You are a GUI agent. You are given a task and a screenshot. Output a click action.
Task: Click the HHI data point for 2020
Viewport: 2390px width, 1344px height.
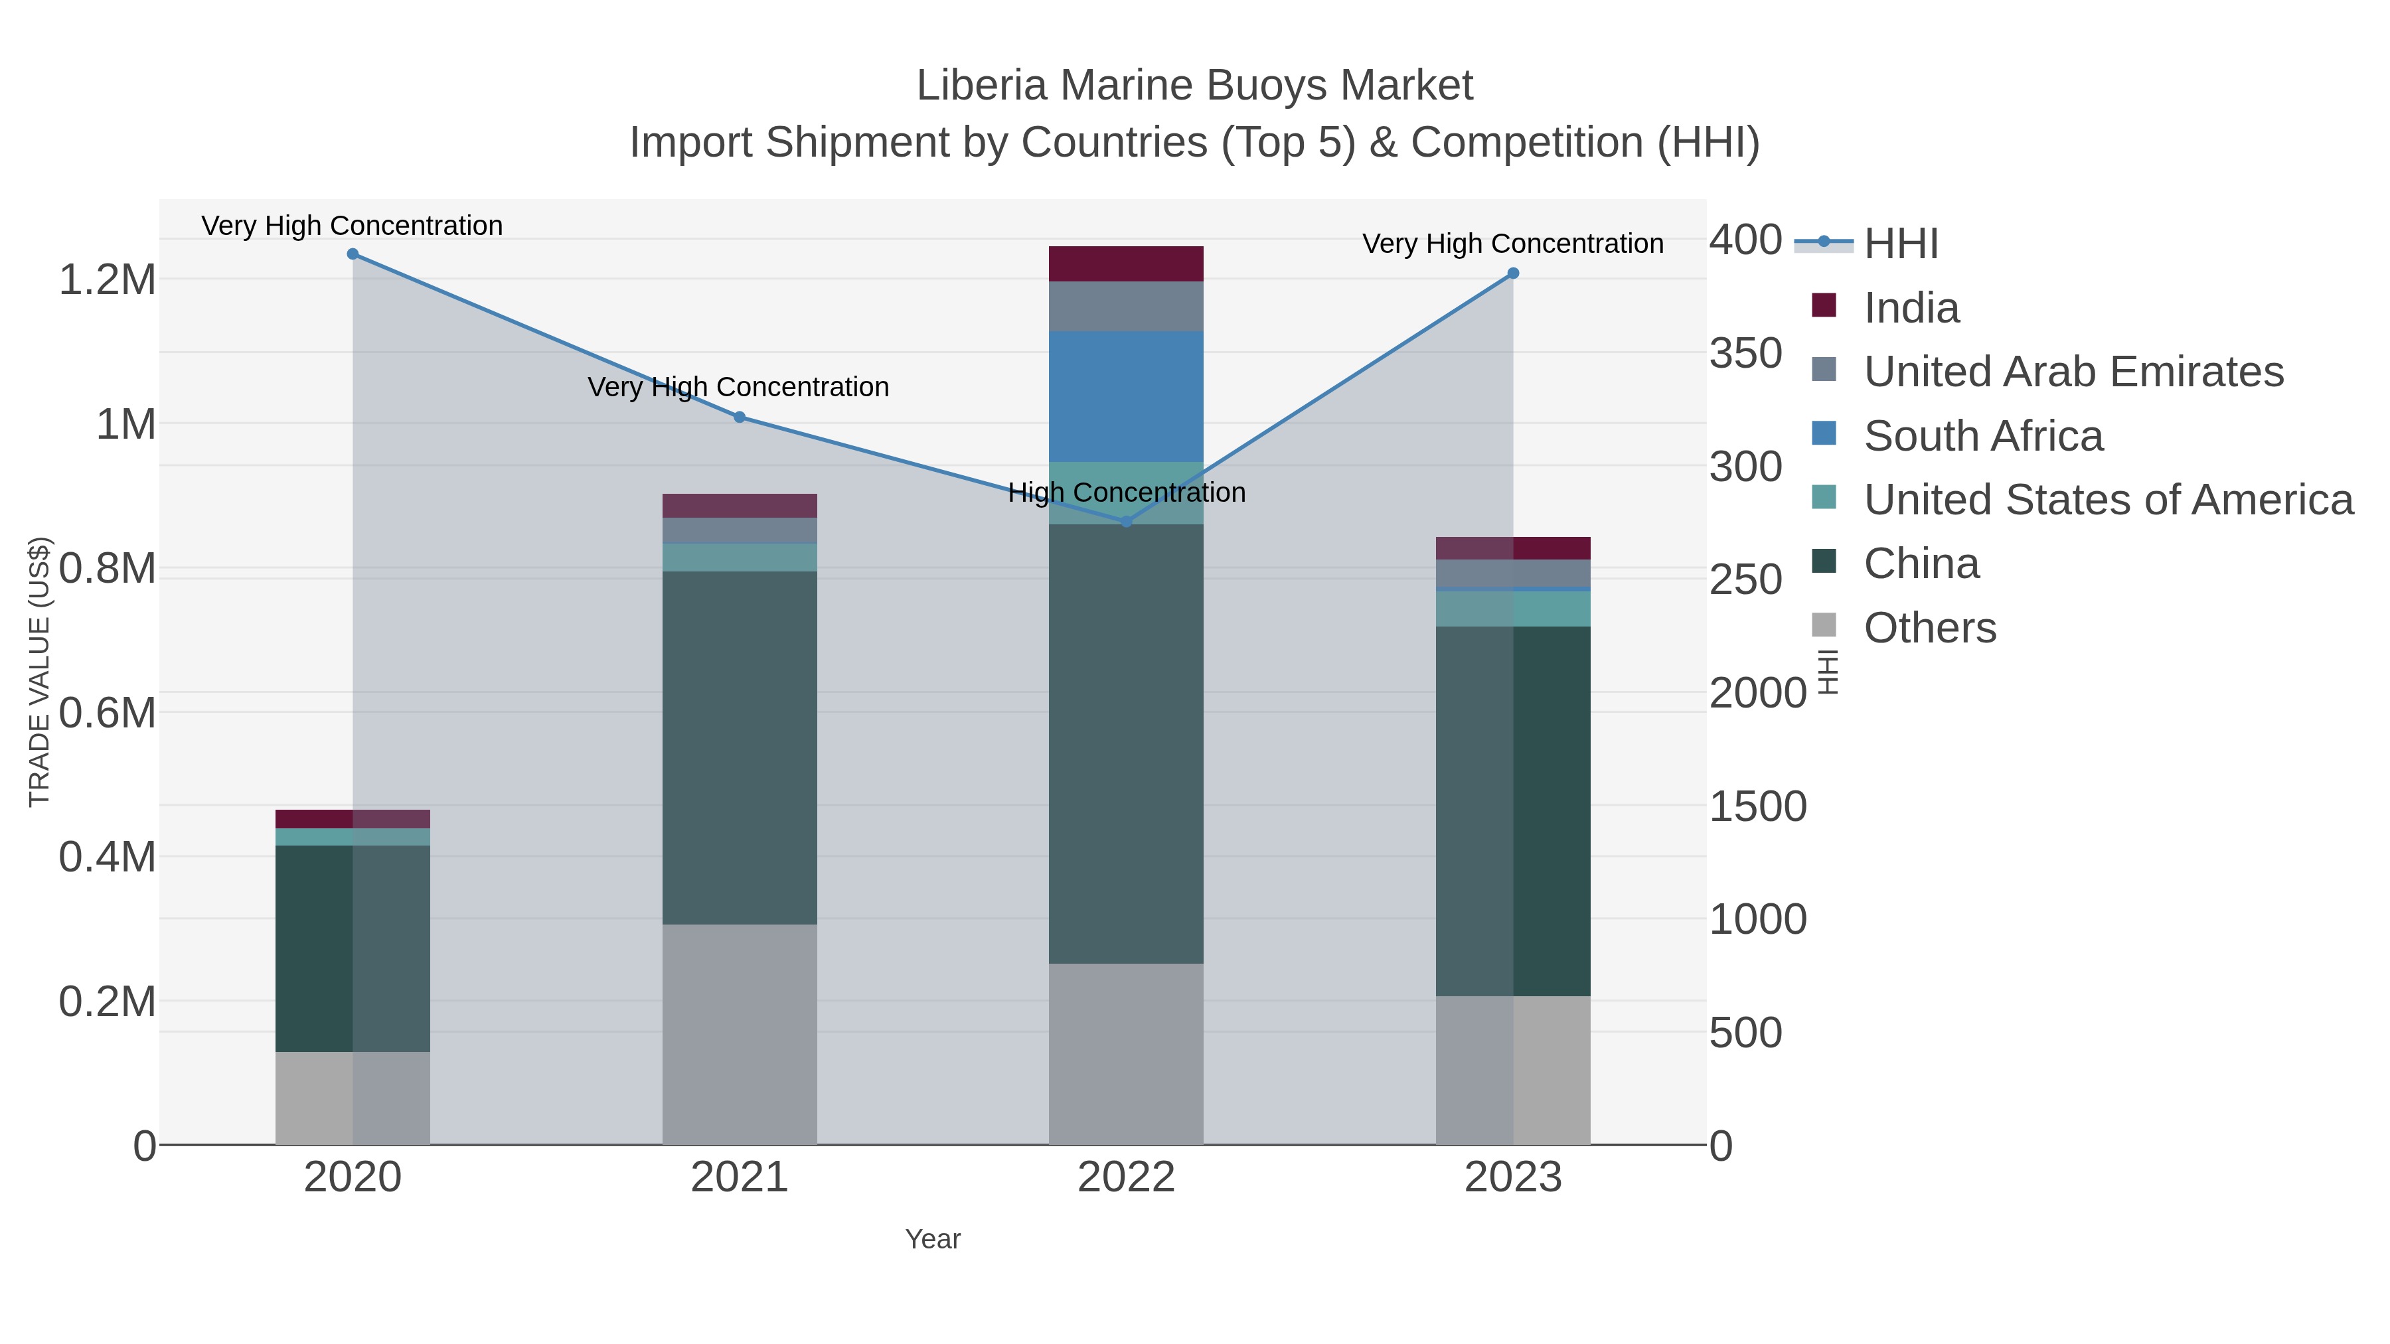(353, 254)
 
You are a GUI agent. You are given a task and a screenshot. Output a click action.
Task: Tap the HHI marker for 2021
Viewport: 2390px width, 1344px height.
(740, 417)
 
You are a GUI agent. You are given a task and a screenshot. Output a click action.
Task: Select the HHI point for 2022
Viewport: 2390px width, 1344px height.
(1127, 522)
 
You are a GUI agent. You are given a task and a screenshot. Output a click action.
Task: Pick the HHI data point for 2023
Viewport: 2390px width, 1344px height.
(1513, 273)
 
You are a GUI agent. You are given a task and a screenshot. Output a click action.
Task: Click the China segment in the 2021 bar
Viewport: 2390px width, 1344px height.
(740, 747)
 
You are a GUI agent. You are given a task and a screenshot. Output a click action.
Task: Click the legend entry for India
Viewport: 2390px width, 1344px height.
(1911, 308)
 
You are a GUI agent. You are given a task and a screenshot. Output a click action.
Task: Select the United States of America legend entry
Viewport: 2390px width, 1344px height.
(2108, 500)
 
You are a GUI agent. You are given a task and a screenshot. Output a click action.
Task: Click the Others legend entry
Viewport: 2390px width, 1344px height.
(1930, 628)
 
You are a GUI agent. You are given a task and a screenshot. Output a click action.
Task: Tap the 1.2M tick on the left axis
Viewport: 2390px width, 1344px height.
(108, 280)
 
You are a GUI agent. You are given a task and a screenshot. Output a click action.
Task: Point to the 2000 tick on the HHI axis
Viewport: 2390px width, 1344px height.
(1757, 693)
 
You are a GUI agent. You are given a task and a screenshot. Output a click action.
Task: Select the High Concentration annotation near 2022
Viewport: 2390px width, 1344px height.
(1127, 492)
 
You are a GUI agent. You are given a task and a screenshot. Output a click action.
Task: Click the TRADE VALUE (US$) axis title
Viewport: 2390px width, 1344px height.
(39, 672)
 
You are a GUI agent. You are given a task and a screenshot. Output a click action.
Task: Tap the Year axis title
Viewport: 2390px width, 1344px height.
(933, 1239)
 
